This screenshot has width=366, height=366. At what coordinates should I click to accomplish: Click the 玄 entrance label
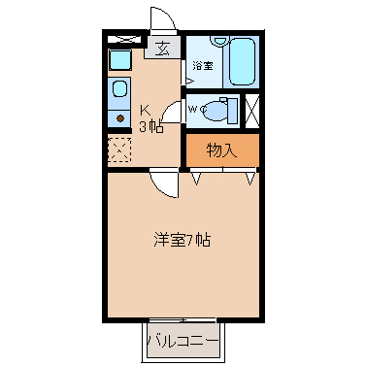coord(163,49)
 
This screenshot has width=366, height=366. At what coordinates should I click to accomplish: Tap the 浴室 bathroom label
coord(203,66)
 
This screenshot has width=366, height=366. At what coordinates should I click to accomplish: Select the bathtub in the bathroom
coord(242,61)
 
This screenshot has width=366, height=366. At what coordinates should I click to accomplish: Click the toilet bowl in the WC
coord(215,110)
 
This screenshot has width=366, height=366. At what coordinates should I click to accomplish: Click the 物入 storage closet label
coord(221,150)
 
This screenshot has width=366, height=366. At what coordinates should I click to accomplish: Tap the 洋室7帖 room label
coord(183,240)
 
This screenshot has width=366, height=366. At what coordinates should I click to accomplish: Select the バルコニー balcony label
coord(183,341)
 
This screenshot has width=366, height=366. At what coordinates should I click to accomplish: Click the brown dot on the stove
coord(120,118)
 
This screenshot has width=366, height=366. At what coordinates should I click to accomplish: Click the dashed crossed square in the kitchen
coord(119,150)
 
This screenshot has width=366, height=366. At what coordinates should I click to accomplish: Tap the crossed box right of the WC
coord(252,111)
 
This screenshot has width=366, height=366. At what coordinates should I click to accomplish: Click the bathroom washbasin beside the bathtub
coord(219,41)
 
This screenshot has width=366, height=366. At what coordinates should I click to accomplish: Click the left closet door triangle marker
coord(196,179)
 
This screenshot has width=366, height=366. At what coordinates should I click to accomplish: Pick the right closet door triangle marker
coord(250,179)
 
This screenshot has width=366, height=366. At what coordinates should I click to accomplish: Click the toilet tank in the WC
coord(232,111)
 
